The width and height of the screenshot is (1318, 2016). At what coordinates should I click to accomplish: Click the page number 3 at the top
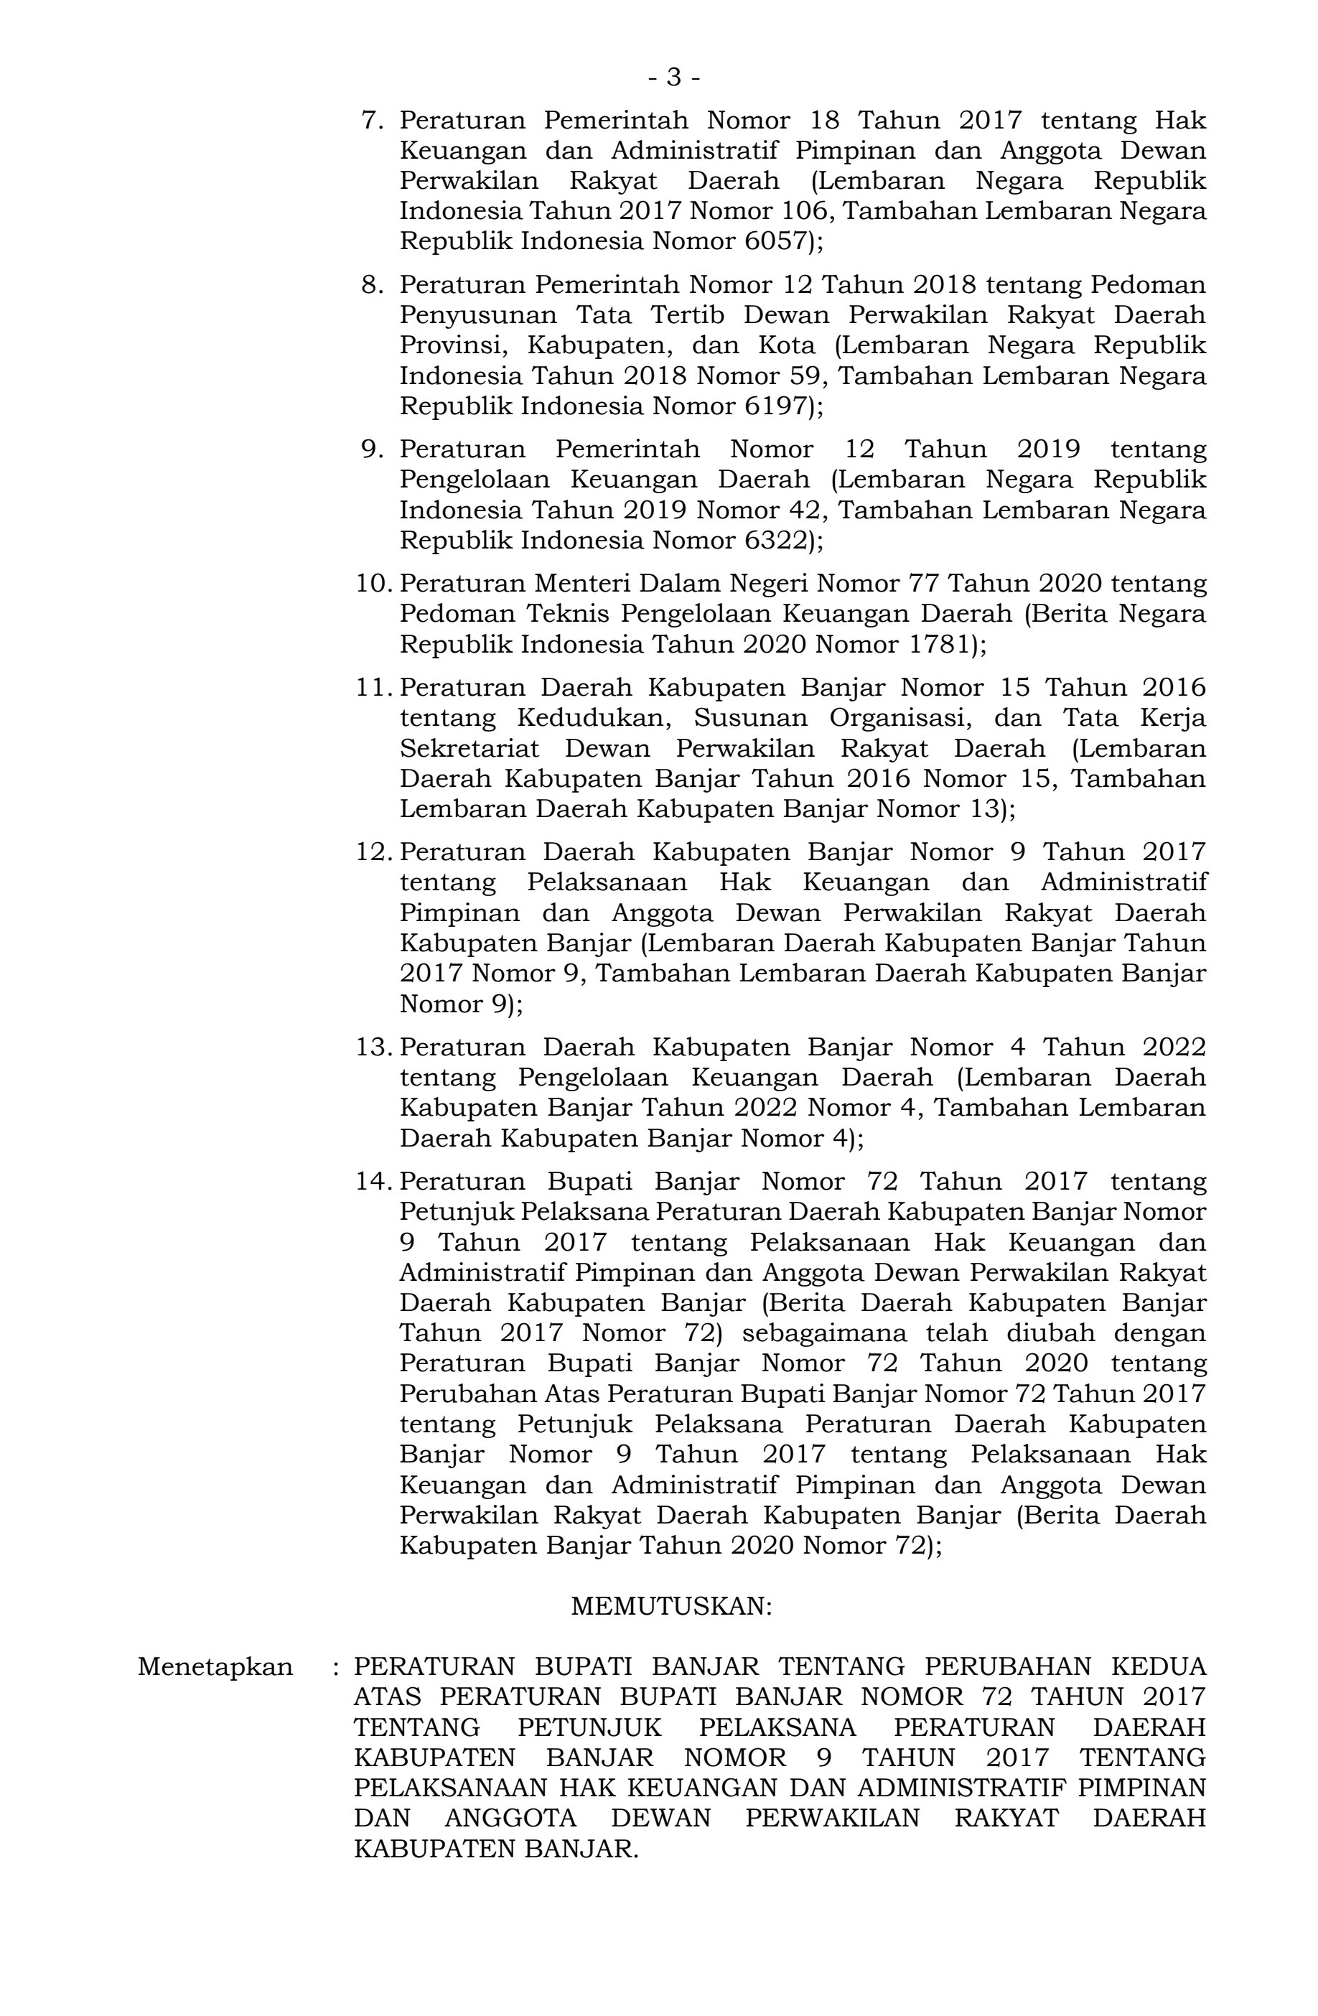[x=674, y=78]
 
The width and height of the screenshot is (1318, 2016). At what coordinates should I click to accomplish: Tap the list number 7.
[x=372, y=121]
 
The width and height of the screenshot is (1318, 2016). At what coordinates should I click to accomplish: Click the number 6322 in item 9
[x=773, y=540]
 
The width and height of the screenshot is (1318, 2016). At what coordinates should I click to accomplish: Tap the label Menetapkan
[x=215, y=1666]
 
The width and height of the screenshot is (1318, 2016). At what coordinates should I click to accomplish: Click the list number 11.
[x=373, y=687]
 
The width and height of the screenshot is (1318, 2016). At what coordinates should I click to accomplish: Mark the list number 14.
[x=373, y=1180]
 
